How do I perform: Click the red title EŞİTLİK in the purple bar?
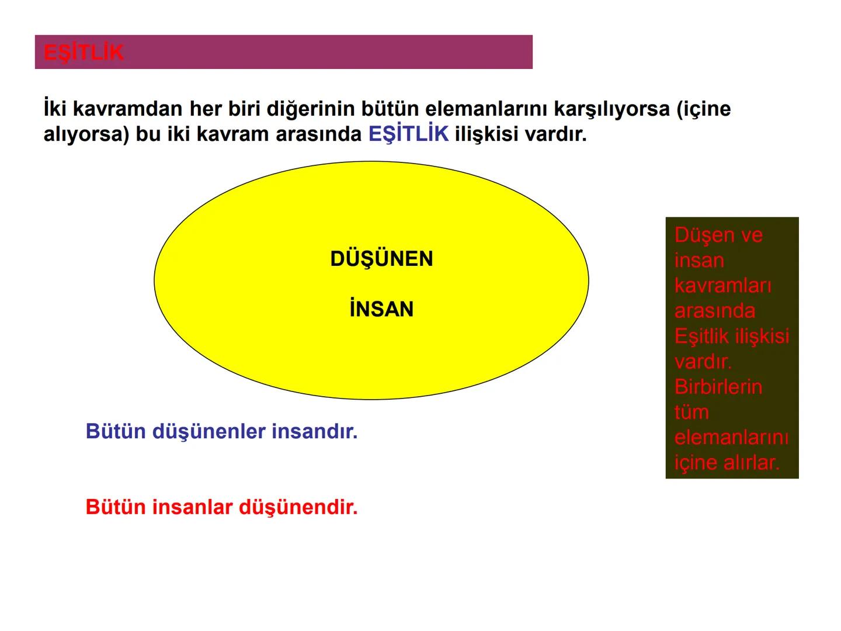(x=84, y=53)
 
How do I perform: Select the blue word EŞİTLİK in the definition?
(x=408, y=134)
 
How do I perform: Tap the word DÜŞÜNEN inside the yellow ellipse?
(x=381, y=259)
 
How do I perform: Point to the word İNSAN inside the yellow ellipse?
(x=381, y=309)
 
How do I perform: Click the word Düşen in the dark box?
(x=699, y=235)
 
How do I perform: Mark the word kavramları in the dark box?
(x=722, y=285)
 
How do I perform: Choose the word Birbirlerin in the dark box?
(x=718, y=386)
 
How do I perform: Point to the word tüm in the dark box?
(x=691, y=412)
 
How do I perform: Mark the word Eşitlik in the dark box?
(x=701, y=336)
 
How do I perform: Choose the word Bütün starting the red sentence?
(x=116, y=507)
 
